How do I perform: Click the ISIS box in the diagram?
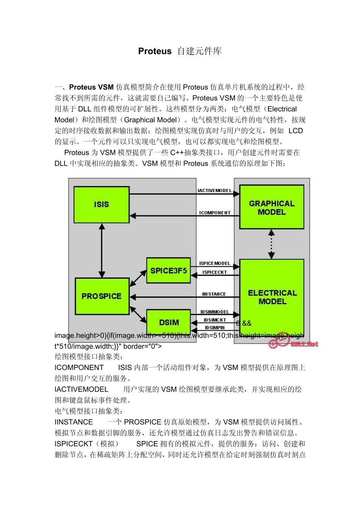pos(101,204)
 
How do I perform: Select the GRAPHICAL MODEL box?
pos(272,207)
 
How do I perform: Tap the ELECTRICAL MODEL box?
pos(272,297)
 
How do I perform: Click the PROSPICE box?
pos(102,296)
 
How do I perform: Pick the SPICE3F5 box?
pos(169,271)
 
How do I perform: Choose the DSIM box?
pos(169,322)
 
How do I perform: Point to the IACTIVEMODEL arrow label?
pos(214,191)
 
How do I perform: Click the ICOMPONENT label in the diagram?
pos(214,213)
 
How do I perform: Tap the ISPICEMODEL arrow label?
pos(214,263)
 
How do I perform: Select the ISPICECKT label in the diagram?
pos(214,272)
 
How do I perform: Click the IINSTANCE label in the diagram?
pos(214,294)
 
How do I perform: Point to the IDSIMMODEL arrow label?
pos(214,312)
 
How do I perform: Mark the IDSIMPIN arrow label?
pos(214,328)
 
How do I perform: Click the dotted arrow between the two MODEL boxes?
pos(271,244)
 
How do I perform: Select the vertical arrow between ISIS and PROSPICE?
pos(102,250)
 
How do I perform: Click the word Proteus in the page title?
pos(155,51)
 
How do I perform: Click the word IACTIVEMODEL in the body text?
pos(81,389)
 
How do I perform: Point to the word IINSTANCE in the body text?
pos(74,422)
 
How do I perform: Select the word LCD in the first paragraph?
pos(296,131)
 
